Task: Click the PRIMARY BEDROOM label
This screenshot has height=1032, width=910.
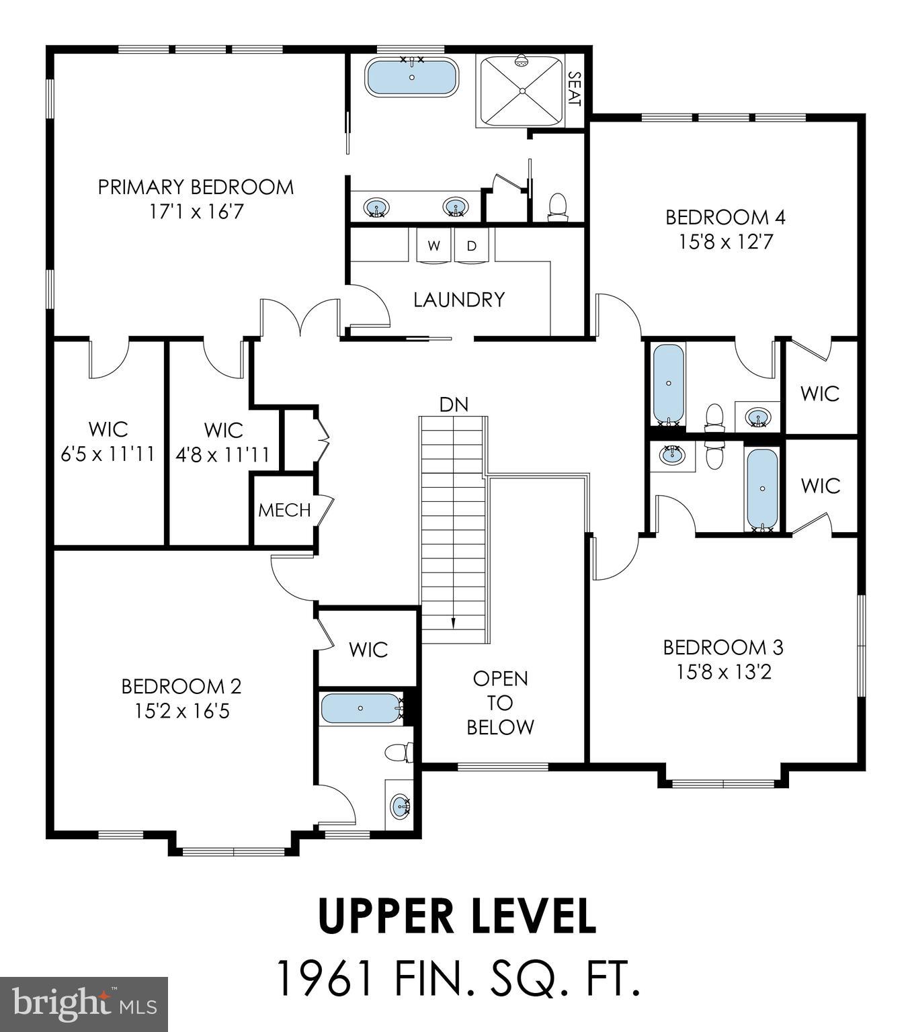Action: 196,187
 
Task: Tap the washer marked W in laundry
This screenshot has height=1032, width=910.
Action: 433,246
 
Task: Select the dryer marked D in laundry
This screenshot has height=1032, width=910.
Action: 472,246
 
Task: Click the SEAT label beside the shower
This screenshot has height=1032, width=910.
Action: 574,89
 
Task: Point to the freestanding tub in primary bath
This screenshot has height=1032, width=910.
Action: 411,78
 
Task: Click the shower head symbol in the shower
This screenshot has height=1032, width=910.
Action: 520,62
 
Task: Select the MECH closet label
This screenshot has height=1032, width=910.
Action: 284,510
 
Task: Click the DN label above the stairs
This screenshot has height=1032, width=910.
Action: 454,404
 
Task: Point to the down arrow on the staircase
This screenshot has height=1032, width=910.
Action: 453,622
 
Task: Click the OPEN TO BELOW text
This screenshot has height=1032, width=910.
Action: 501,703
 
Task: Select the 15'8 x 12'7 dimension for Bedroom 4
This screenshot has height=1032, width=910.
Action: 725,242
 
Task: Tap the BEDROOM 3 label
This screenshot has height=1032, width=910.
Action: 723,648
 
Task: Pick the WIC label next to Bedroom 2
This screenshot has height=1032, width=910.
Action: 368,650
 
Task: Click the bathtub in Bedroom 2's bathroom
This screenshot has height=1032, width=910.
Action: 361,708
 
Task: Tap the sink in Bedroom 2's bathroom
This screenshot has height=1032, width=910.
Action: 401,805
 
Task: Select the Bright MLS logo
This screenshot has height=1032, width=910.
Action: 84,1004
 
